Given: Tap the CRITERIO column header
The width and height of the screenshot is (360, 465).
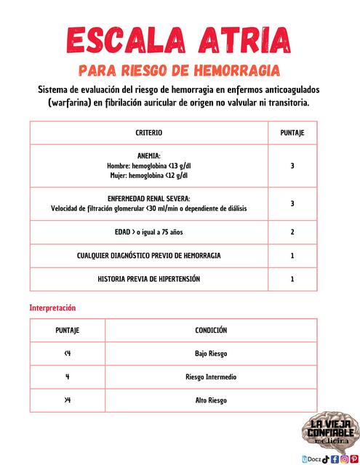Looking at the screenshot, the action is point(149,133).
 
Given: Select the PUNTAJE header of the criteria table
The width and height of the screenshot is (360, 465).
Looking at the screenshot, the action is point(292,133).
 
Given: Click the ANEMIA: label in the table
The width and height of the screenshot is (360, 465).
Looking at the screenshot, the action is point(149,156).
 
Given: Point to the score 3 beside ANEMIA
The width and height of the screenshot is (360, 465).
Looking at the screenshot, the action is point(292,166).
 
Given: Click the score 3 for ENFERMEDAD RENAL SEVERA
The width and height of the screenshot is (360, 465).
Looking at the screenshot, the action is point(292,203).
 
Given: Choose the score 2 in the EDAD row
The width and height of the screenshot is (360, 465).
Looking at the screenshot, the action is point(292,232).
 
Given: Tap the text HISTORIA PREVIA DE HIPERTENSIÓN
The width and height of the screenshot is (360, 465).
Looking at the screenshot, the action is point(149,279).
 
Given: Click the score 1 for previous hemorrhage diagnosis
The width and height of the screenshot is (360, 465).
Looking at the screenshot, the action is point(292,256).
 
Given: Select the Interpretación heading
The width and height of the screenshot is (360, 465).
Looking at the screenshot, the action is point(52,307).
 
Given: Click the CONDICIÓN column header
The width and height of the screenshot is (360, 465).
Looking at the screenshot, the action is point(211,330).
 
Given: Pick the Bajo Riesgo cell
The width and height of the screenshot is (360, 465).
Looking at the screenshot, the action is point(211,354).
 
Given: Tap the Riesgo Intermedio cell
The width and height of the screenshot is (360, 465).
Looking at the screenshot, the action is point(211,377).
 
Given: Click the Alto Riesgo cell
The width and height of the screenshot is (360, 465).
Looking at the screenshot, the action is point(211,400).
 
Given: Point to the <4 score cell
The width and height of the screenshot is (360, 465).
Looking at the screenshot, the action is point(68,354).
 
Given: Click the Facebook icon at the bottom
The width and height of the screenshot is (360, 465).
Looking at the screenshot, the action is point(335,458).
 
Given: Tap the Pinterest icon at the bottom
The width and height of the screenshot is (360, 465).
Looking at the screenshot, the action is point(354,458).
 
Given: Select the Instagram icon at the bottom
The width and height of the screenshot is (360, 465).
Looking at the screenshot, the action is point(345,458).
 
